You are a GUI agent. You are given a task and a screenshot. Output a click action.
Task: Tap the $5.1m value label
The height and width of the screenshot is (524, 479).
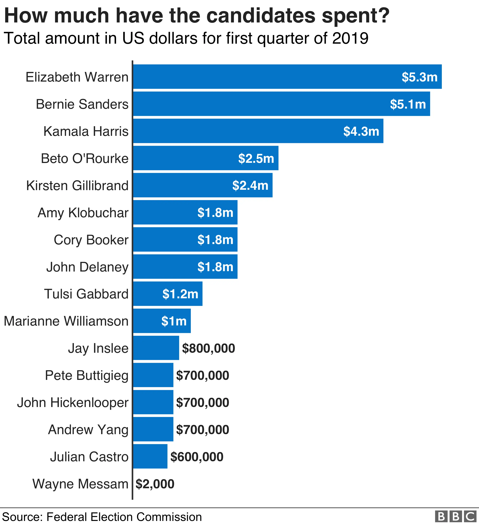click(x=408, y=104)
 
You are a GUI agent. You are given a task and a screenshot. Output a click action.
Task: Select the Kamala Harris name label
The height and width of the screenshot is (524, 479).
click(x=86, y=131)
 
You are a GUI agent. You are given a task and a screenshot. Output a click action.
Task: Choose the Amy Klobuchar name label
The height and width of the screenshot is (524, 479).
click(x=83, y=213)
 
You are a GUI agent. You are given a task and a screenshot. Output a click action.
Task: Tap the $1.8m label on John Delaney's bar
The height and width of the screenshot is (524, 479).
click(x=215, y=267)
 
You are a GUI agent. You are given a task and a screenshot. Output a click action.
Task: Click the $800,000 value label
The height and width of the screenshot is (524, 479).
click(x=208, y=348)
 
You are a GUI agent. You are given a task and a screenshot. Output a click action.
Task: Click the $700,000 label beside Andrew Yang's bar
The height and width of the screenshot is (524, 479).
click(x=202, y=430)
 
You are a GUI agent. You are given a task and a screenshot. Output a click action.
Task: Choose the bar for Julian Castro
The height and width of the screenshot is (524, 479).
click(x=150, y=457)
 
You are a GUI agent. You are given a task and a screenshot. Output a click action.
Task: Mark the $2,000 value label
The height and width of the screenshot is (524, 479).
click(x=155, y=484)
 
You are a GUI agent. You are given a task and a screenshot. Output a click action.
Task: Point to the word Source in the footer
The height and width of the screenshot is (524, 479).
click(x=22, y=517)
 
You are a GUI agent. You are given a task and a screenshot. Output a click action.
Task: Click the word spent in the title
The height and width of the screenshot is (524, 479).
click(x=355, y=16)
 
